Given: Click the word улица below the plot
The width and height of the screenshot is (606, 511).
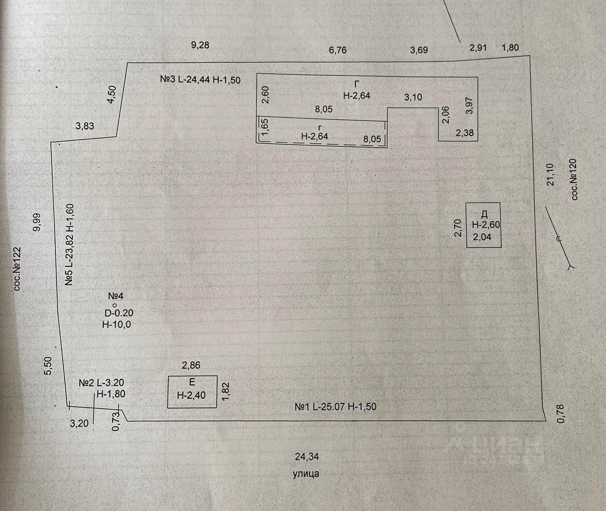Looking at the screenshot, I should tap(306, 473).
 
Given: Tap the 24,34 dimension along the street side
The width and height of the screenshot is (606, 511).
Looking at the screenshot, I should tap(306, 456).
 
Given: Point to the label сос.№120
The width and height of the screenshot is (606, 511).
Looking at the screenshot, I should tap(575, 179).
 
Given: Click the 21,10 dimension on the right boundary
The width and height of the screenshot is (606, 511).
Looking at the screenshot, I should tap(549, 175).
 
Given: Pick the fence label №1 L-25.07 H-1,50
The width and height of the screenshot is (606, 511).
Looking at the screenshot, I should tap(336, 407).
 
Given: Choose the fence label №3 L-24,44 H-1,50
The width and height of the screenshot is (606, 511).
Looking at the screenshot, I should tap(200, 80).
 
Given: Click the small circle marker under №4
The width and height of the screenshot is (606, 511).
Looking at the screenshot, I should tap(114, 305).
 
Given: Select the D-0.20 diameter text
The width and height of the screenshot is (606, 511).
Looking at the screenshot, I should tap(119, 313).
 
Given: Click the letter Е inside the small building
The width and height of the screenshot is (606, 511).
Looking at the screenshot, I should tap(192, 382).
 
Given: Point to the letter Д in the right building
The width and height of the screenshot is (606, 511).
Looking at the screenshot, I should tap(484, 213).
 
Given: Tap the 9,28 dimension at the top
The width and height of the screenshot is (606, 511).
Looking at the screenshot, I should tap(200, 46).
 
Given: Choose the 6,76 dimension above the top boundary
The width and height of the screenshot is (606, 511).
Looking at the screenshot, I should tap(338, 50).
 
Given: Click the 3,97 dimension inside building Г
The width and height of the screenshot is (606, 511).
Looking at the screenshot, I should tap(470, 105).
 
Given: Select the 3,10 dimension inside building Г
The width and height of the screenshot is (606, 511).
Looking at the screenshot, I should tap(413, 97).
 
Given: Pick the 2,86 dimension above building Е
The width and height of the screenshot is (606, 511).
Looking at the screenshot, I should tap(191, 365).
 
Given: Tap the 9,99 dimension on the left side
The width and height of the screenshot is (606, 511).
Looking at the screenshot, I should tap(37, 222).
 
